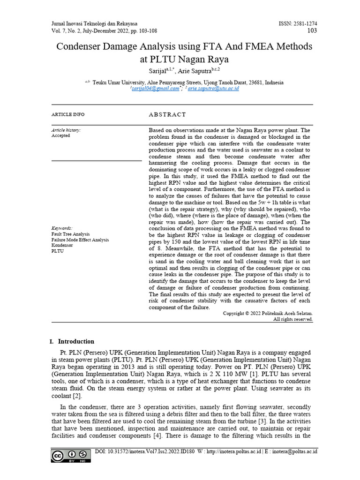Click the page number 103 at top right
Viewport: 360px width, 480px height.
[x=312, y=31]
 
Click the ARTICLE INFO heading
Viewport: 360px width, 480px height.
[x=68, y=115]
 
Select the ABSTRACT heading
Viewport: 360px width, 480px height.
[x=167, y=115]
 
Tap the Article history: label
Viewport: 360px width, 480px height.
[x=66, y=130]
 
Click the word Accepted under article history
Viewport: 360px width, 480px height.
[x=61, y=136]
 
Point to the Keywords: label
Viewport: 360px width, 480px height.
[x=62, y=228]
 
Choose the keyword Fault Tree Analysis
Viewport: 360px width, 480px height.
[x=70, y=234]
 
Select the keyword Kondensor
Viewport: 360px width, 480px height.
[x=62, y=245]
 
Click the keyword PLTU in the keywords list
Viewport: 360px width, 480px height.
[x=57, y=251]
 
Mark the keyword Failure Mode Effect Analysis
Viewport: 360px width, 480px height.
[x=80, y=240]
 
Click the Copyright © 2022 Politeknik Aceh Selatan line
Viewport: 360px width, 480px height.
[x=268, y=313]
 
